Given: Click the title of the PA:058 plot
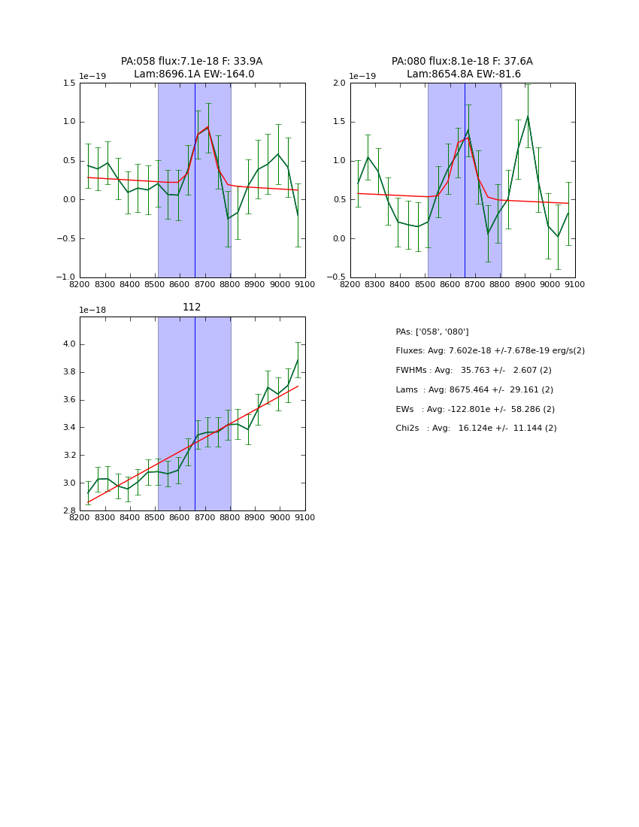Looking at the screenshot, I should pyautogui.click(x=192, y=68).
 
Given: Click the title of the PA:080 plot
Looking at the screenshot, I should pyautogui.click(x=462, y=68).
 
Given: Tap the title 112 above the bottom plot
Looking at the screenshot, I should pyautogui.click(x=192, y=307).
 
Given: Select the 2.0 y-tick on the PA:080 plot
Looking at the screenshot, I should pyautogui.click(x=338, y=83).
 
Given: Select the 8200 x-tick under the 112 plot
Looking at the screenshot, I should pyautogui.click(x=80, y=518).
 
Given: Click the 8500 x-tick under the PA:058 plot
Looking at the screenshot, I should pyautogui.click(x=155, y=285).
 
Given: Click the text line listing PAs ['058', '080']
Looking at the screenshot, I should pyautogui.click(x=432, y=332).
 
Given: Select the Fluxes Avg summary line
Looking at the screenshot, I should pyautogui.click(x=490, y=351).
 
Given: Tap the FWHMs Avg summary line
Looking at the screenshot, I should pyautogui.click(x=474, y=371).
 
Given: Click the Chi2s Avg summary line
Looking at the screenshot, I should pyautogui.click(x=477, y=429).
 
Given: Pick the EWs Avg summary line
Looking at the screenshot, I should pyautogui.click(x=475, y=409).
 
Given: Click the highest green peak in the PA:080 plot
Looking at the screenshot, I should pyautogui.click(x=528, y=117).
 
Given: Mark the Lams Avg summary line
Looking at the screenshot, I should pyautogui.click(x=474, y=390).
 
